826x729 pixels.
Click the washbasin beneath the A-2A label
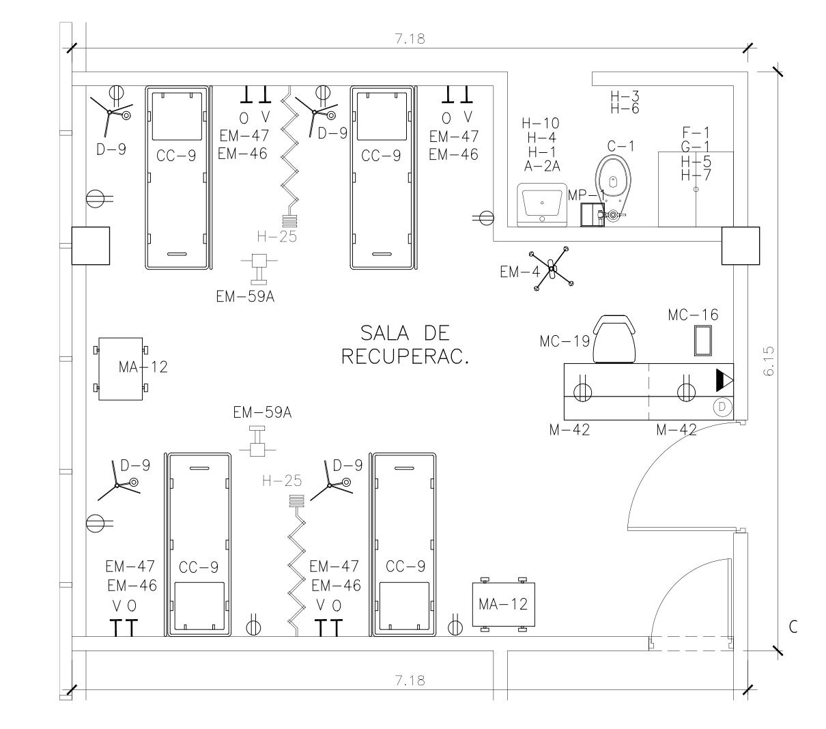tap(542, 203)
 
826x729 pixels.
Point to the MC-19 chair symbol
tap(617, 339)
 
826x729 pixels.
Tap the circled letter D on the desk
tap(722, 408)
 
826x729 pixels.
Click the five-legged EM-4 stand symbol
tap(553, 270)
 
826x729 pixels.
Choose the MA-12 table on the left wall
tap(120, 369)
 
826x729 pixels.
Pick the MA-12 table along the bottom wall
tap(503, 604)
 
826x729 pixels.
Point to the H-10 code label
tap(541, 124)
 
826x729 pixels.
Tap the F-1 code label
tap(696, 132)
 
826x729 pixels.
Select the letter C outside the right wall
tap(793, 627)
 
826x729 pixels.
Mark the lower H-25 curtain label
tap(282, 481)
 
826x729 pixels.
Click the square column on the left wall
tap(91, 246)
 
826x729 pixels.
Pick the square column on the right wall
tap(741, 246)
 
